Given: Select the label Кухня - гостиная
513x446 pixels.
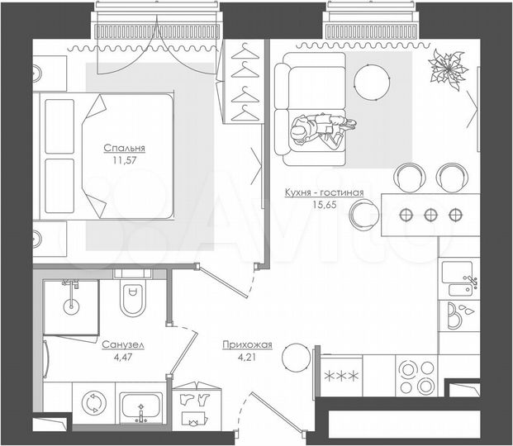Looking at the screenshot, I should tap(324, 192).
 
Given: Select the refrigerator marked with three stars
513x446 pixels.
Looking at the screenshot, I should tap(340, 376).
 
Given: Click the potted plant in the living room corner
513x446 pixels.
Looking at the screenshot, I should tap(447, 66).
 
